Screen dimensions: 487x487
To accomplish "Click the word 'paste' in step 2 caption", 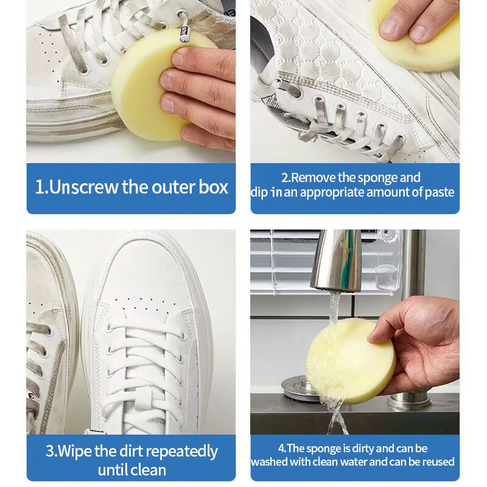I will (439, 193).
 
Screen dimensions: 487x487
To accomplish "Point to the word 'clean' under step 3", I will (147, 470).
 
